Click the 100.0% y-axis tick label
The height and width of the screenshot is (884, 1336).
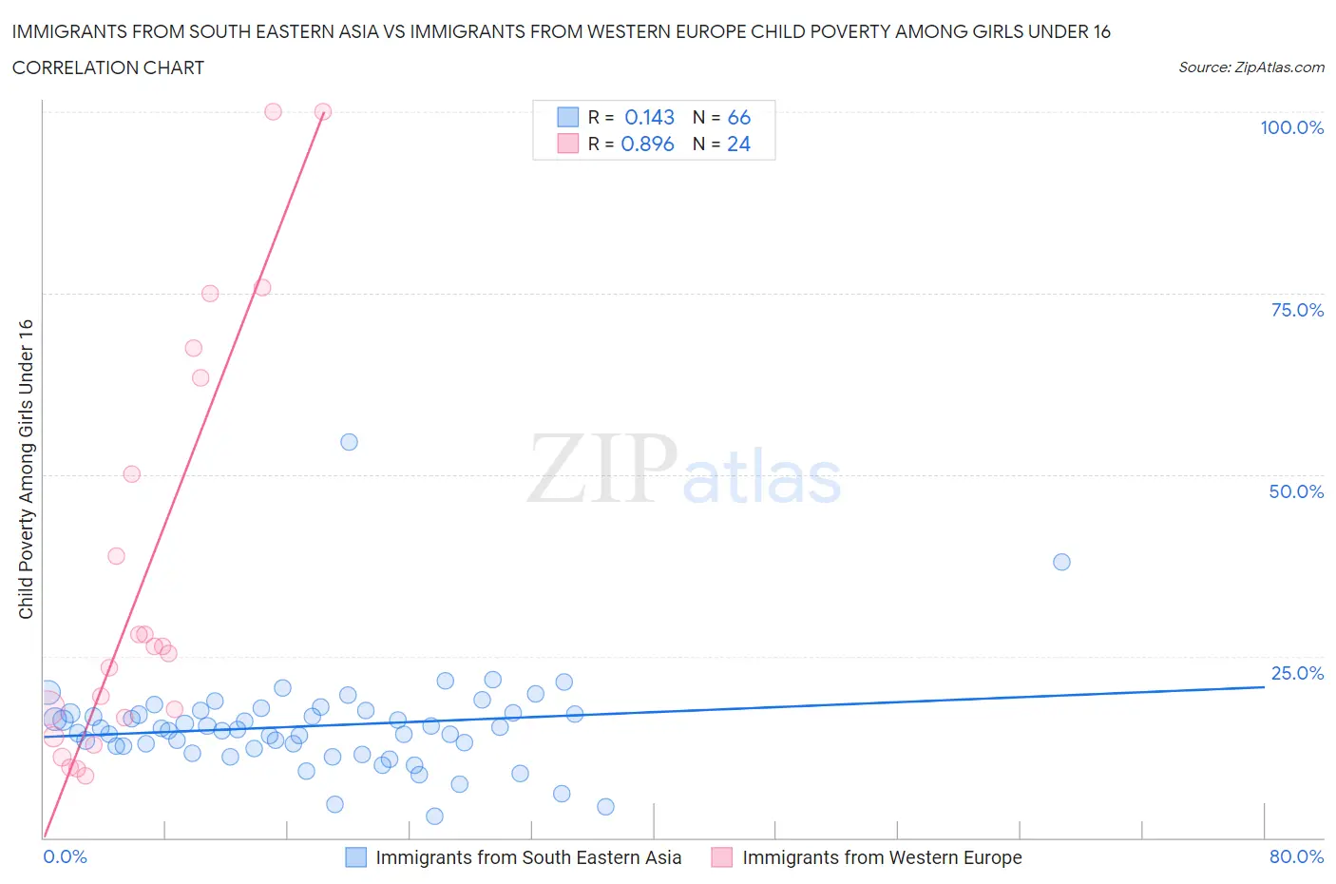click(1291, 127)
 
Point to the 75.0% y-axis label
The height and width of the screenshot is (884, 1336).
click(1297, 310)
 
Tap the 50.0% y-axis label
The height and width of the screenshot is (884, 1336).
click(1296, 491)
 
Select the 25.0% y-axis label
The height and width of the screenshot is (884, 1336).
click(1297, 673)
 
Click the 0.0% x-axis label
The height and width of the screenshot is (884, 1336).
click(65, 856)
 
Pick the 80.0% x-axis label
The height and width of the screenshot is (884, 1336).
click(1296, 856)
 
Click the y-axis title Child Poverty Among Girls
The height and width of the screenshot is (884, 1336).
click(26, 469)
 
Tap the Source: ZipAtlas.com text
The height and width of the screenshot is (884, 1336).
click(1250, 67)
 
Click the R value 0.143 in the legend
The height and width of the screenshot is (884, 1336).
click(649, 117)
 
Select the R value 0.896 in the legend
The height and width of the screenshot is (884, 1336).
click(647, 144)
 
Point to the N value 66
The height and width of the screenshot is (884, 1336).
click(738, 117)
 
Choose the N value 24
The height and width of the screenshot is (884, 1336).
click(738, 144)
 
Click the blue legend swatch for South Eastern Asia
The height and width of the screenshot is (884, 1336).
click(355, 857)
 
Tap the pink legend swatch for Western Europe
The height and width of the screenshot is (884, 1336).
click(722, 857)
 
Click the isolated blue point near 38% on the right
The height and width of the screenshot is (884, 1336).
click(1061, 562)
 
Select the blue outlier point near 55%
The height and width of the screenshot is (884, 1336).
click(349, 442)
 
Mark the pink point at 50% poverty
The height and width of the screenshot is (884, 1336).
click(132, 474)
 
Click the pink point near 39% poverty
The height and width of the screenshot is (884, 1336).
click(116, 556)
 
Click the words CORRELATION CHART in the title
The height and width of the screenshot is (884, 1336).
click(108, 67)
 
